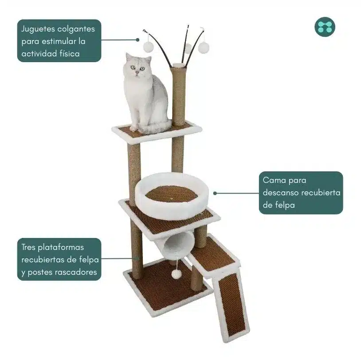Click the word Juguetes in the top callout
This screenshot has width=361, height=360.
coord(38,29)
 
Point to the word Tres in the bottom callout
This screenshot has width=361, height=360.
coord(28,247)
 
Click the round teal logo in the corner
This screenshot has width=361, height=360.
coord(325,27)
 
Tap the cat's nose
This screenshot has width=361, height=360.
coord(137,72)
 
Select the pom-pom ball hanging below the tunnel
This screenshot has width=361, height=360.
coord(177,274)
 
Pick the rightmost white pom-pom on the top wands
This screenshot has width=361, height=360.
coord(204,47)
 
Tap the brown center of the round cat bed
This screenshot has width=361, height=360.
coord(172,194)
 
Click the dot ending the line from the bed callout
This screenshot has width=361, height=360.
coord(215,194)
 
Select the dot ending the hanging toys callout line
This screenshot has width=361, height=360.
coord(137,40)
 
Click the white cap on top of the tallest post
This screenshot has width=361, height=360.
coord(178,66)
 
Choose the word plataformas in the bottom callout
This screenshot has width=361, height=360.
coord(61,248)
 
